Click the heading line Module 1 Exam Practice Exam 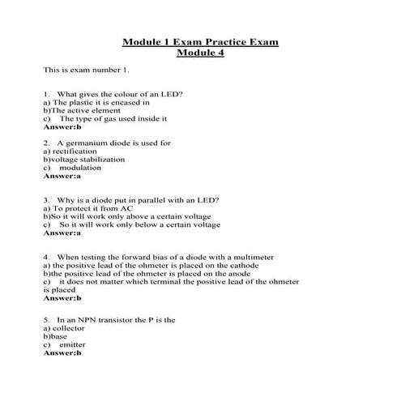pos(200,41)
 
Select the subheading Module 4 pos(200,53)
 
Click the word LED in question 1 pos(173,94)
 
